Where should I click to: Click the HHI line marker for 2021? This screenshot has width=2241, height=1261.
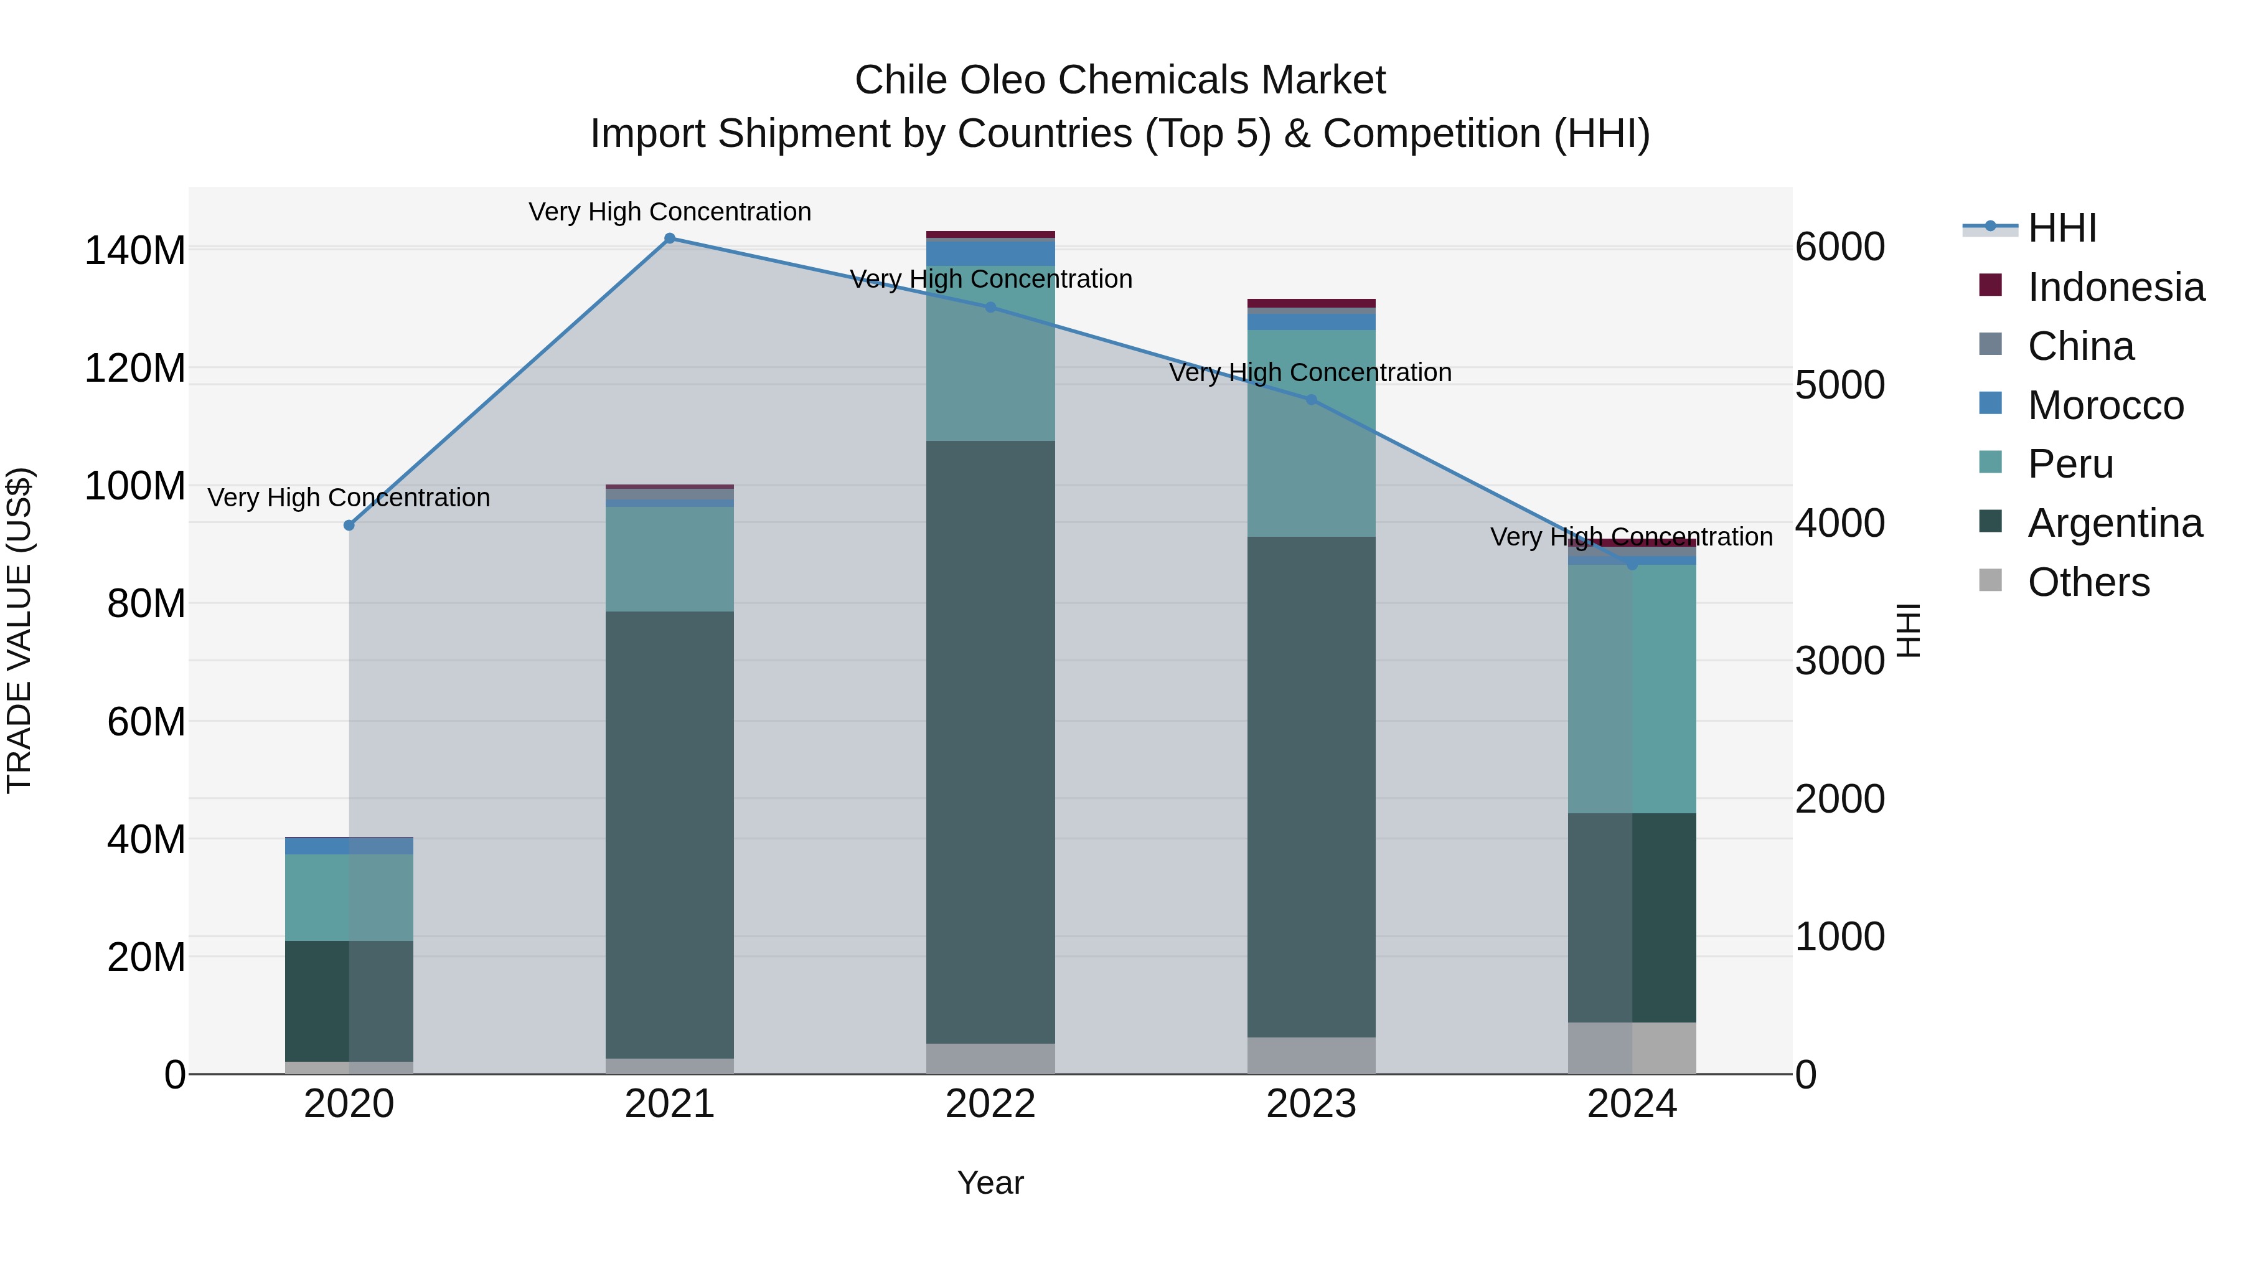(x=669, y=239)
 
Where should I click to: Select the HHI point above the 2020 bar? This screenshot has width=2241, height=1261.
(x=349, y=526)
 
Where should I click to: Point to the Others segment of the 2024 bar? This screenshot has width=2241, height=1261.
(x=1631, y=1048)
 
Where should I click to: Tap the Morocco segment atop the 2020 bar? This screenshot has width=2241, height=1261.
(x=349, y=846)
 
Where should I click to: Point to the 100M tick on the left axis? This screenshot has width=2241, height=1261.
(x=135, y=486)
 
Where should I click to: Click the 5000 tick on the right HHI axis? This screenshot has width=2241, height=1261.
(x=1839, y=385)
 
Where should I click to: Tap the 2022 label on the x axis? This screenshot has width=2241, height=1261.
(x=990, y=1104)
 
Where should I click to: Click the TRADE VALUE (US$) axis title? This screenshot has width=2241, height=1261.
(x=19, y=630)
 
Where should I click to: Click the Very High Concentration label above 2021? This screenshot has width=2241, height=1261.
(x=669, y=212)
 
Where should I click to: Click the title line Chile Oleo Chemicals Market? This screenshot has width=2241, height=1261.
(x=1120, y=80)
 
